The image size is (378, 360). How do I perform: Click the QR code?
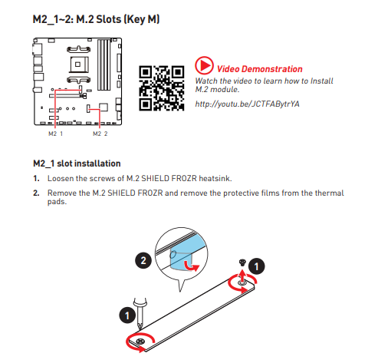point(162,88)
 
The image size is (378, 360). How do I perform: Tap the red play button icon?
point(204,65)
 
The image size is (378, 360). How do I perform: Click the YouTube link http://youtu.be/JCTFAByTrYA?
point(247,104)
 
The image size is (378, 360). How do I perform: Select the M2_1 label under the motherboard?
point(55,134)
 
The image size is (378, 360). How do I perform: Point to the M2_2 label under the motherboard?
point(100,134)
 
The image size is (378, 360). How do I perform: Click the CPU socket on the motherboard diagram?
point(79,64)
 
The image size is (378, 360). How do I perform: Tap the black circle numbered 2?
point(143,260)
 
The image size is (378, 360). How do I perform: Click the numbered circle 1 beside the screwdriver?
point(127,315)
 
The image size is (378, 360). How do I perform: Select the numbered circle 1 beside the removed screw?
point(256,266)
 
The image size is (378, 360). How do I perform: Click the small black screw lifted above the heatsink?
point(242,263)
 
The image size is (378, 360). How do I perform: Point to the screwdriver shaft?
point(140,315)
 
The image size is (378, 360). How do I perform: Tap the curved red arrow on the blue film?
point(192,266)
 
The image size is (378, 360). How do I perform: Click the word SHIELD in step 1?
point(155,178)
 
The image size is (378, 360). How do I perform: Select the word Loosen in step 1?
point(60,178)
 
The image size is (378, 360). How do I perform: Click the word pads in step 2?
point(57,202)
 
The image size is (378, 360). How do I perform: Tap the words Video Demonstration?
point(259,69)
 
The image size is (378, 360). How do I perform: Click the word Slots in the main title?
point(108,19)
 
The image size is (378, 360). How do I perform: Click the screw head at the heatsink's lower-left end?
point(140,341)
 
